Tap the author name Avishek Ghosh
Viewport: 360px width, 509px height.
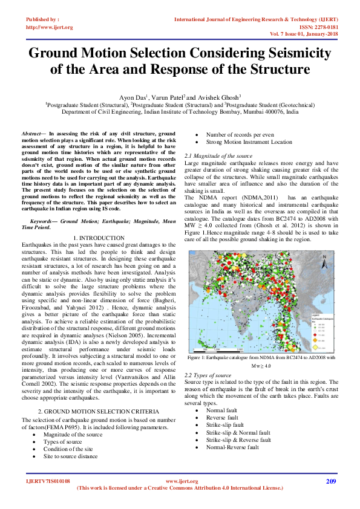point(220,96)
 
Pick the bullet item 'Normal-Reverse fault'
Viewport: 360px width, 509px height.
point(231,430)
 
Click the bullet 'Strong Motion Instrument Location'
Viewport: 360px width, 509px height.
point(249,142)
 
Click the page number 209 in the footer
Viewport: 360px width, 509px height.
point(330,481)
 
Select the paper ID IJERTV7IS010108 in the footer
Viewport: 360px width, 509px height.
point(48,481)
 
